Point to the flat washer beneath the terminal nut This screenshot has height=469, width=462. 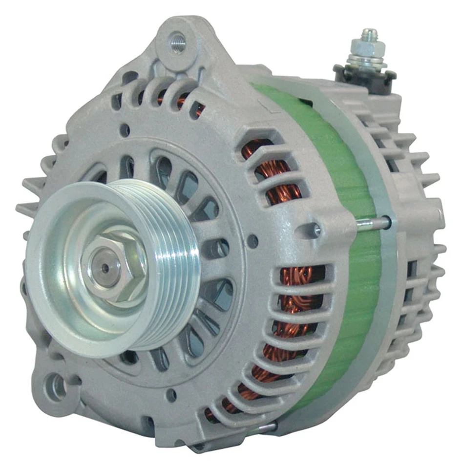(x=367, y=63)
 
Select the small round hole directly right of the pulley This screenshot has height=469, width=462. (x=253, y=240)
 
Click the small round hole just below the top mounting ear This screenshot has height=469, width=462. (x=125, y=130)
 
